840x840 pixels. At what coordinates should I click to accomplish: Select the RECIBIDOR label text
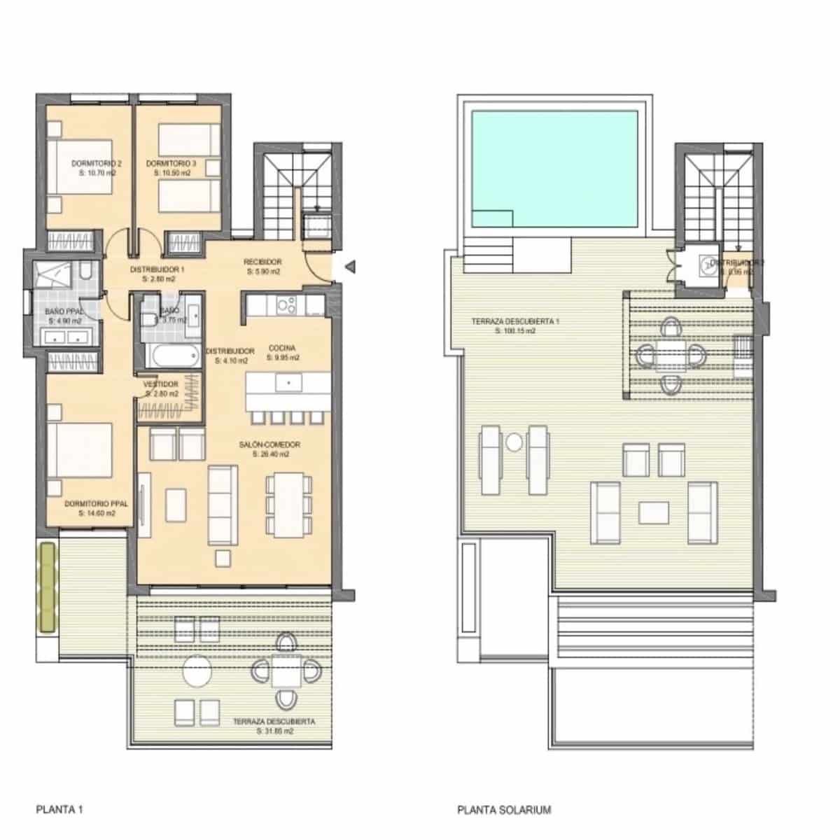coord(262,262)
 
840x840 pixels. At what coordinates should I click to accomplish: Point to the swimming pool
coord(554,168)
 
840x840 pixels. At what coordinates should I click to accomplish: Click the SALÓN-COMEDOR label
coord(269,444)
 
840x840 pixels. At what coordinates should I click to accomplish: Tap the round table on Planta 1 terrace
coord(201,672)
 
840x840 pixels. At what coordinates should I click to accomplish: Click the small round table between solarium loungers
coord(514,442)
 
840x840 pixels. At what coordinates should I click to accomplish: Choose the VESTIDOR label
coord(161,384)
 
